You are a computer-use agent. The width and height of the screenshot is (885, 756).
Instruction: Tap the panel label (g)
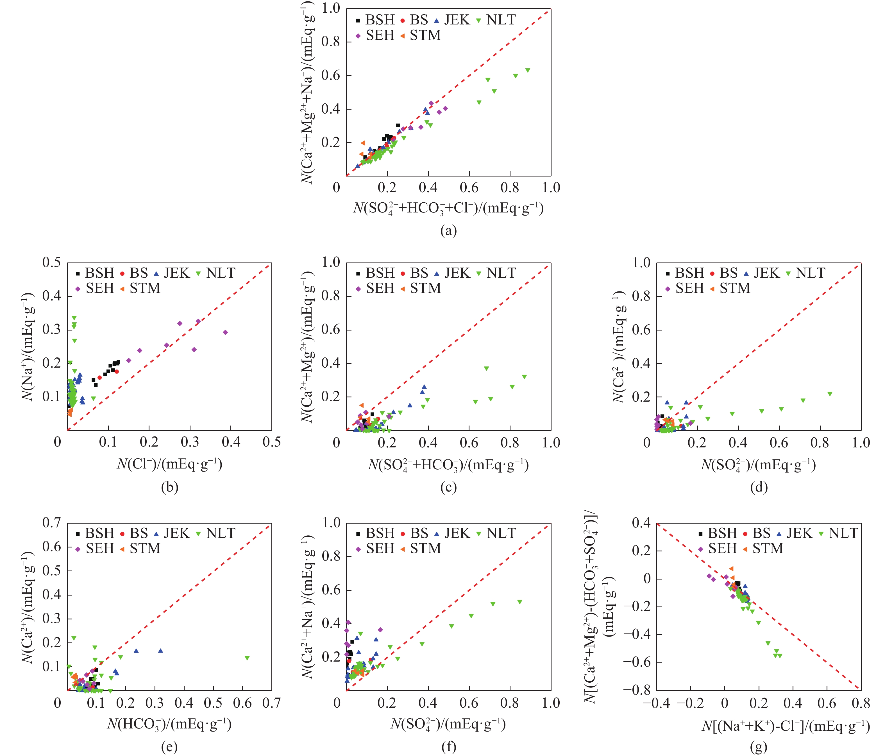tap(758, 747)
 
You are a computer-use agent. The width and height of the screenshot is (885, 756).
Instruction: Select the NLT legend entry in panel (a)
tap(496, 20)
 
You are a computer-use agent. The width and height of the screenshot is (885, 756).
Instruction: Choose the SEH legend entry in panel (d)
tap(685, 288)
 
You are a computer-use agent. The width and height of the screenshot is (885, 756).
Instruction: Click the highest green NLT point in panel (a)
tap(528, 70)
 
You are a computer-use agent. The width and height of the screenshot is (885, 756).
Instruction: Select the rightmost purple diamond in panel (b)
tap(226, 332)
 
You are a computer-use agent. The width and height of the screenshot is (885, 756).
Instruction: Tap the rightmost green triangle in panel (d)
tap(830, 394)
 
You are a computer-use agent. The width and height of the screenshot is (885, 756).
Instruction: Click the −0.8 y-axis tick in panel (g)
tap(637, 689)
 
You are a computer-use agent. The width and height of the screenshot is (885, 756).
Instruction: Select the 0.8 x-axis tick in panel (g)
tap(860, 703)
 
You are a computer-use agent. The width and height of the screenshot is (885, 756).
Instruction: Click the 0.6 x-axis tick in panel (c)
tap(469, 443)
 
